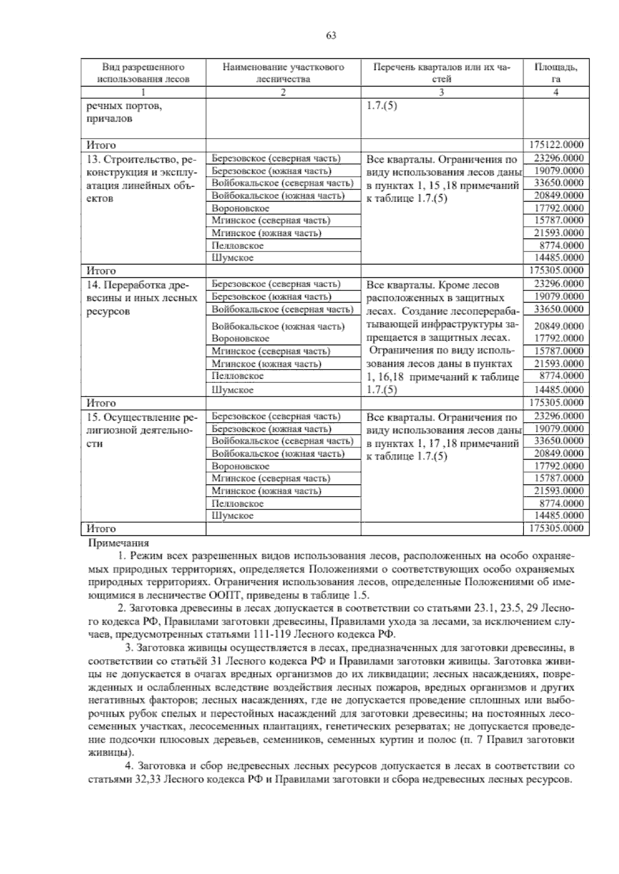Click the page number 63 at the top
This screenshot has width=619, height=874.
tap(331, 36)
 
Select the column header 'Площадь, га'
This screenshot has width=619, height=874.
tap(556, 73)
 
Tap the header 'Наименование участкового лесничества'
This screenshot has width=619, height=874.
tap(283, 73)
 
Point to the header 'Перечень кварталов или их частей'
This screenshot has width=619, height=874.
tap(442, 73)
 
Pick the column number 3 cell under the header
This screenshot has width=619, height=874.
tap(442, 93)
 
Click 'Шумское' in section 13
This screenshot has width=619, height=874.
tap(233, 258)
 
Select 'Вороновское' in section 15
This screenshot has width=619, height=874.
tap(240, 466)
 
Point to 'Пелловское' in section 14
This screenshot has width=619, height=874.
tap(237, 376)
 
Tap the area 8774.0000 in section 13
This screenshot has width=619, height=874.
tap(561, 245)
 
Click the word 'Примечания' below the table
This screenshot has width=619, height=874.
tap(119, 543)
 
